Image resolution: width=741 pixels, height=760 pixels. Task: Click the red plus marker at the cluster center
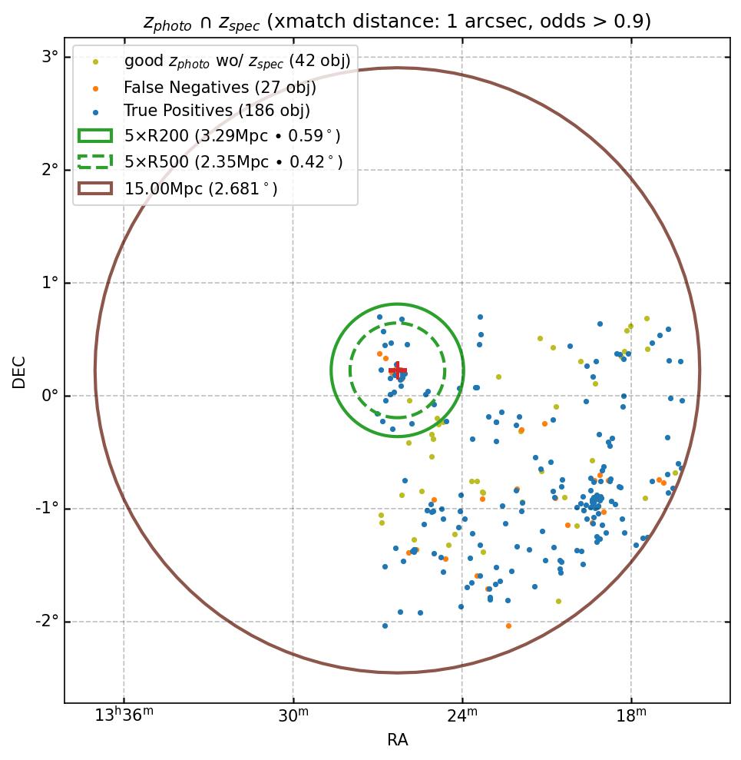397,371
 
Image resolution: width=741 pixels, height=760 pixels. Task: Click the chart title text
397,22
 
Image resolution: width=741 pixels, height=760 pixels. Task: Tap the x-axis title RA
397,740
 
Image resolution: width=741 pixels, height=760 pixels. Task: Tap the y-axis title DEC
19,371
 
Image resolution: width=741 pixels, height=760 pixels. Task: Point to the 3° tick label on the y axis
50,57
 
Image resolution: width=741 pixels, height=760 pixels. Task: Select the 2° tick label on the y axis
50,170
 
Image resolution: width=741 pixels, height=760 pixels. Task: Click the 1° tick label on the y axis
50,283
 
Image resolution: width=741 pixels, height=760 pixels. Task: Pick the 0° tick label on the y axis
50,396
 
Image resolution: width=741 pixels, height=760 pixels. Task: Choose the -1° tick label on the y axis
48,509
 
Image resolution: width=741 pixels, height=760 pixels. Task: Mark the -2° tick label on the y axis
48,622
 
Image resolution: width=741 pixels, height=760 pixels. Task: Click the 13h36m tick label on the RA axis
124,715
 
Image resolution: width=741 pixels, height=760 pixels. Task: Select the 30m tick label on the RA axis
293,715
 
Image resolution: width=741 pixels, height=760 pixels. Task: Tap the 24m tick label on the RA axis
462,715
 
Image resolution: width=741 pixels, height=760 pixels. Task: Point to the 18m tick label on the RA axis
631,715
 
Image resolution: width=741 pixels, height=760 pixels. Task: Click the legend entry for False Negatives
220,87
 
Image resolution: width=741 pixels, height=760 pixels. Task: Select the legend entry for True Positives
217,111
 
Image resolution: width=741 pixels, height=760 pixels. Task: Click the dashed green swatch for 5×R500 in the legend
95,161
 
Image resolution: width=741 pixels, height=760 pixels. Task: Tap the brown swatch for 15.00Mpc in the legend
95,188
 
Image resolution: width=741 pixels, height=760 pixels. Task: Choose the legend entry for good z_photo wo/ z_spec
237,61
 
